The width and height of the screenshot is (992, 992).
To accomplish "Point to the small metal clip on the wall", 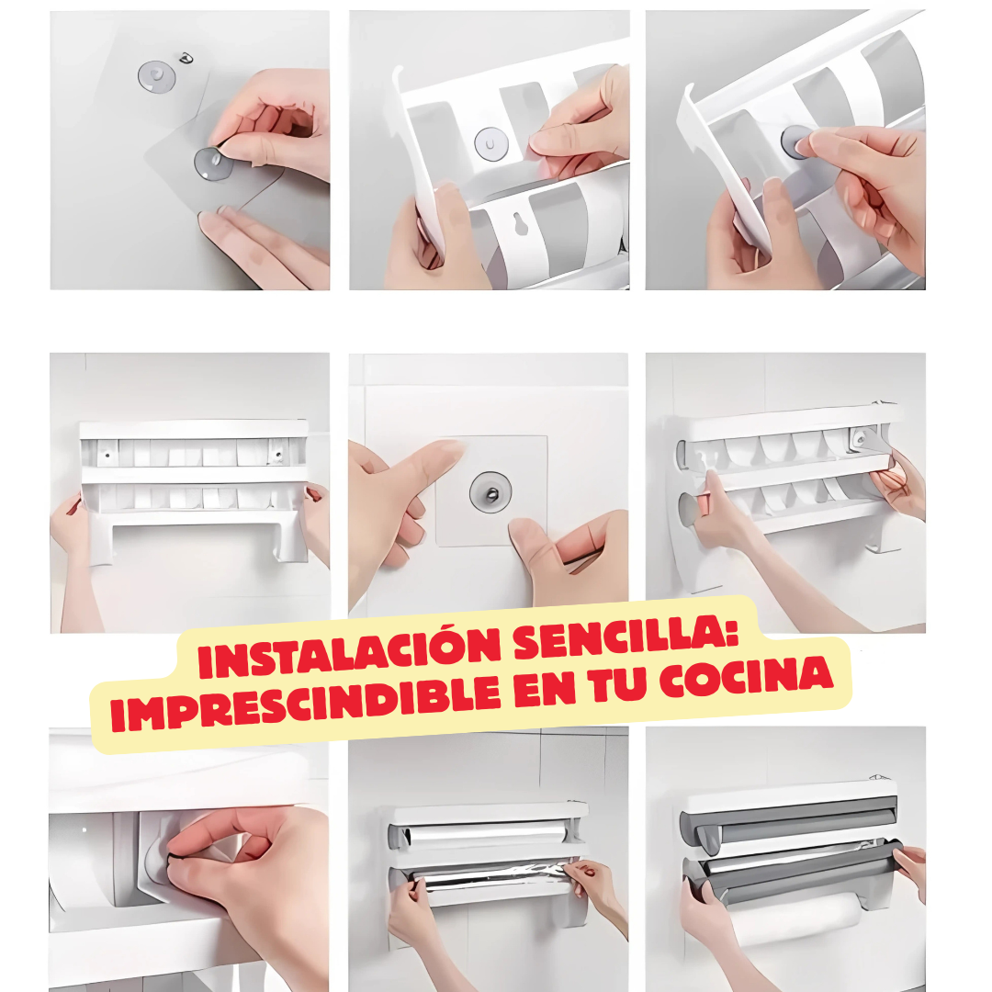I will [187, 59].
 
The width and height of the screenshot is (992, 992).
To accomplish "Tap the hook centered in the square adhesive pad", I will [487, 492].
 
